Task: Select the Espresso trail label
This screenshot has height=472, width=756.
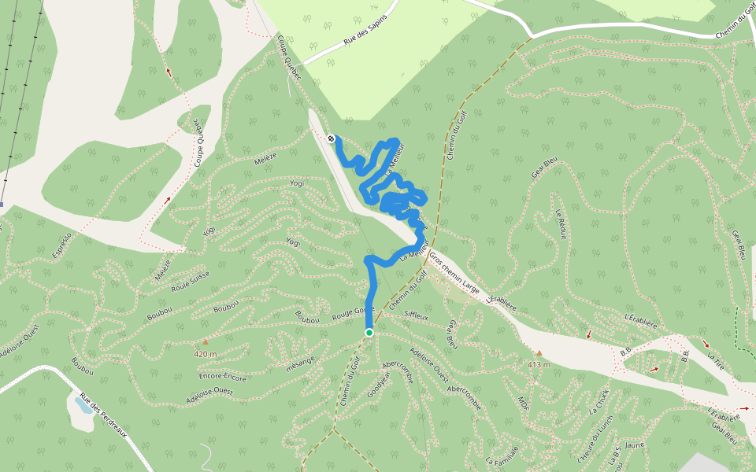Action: click(x=63, y=246)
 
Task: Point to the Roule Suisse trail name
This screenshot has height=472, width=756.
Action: click(x=191, y=282)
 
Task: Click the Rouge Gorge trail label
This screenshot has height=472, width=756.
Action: click(x=351, y=312)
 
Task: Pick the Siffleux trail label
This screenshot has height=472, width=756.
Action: click(x=416, y=316)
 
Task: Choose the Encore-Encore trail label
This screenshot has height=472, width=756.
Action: click(x=224, y=377)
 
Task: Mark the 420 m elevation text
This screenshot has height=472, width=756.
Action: click(x=205, y=354)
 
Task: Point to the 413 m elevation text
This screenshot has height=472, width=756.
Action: click(x=539, y=365)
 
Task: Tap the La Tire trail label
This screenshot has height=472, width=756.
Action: click(x=715, y=361)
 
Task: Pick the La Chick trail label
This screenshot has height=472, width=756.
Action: click(x=599, y=401)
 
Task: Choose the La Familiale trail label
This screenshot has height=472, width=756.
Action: click(x=502, y=455)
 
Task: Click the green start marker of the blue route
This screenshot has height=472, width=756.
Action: click(x=369, y=333)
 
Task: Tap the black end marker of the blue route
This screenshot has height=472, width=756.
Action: click(x=331, y=139)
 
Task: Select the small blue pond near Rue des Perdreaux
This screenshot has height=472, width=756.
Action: click(x=83, y=406)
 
